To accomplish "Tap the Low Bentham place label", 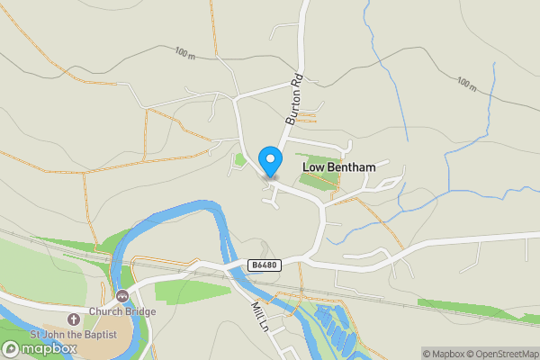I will [x=338, y=167].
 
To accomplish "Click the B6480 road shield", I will [x=264, y=265].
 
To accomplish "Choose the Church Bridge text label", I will [x=121, y=311].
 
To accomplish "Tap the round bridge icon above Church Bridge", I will [x=121, y=295].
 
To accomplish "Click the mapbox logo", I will [x=38, y=348].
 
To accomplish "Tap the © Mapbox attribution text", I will [x=444, y=354].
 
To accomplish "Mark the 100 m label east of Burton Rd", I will [x=465, y=85].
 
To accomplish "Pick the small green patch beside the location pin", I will [x=239, y=161].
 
